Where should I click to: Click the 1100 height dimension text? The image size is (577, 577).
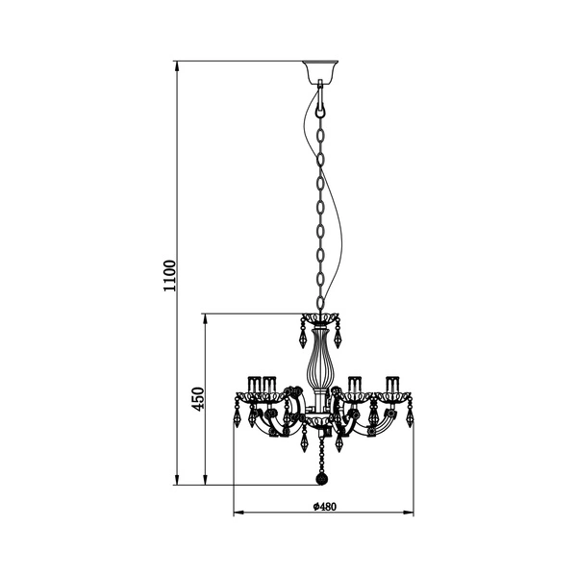pyautogui.click(x=169, y=273)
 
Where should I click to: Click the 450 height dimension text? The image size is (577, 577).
pyautogui.click(x=196, y=398)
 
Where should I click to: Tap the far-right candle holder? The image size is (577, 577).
pyautogui.click(x=392, y=386)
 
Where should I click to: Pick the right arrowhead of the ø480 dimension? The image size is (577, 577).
pyautogui.click(x=408, y=513)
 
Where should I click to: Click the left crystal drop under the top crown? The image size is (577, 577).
pyautogui.click(x=299, y=339)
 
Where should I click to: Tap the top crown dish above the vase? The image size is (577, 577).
pyautogui.click(x=321, y=318)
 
